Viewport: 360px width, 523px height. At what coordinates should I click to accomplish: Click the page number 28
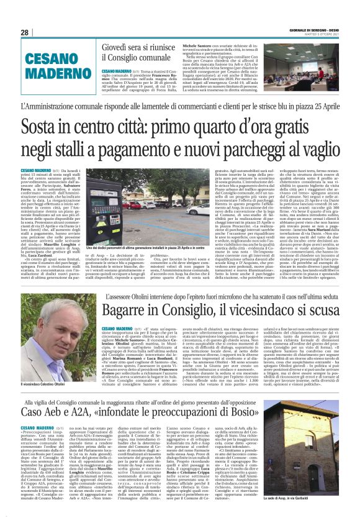25,33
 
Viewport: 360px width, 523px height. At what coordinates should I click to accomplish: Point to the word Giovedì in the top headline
115,45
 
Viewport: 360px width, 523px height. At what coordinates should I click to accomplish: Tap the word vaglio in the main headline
318,152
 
